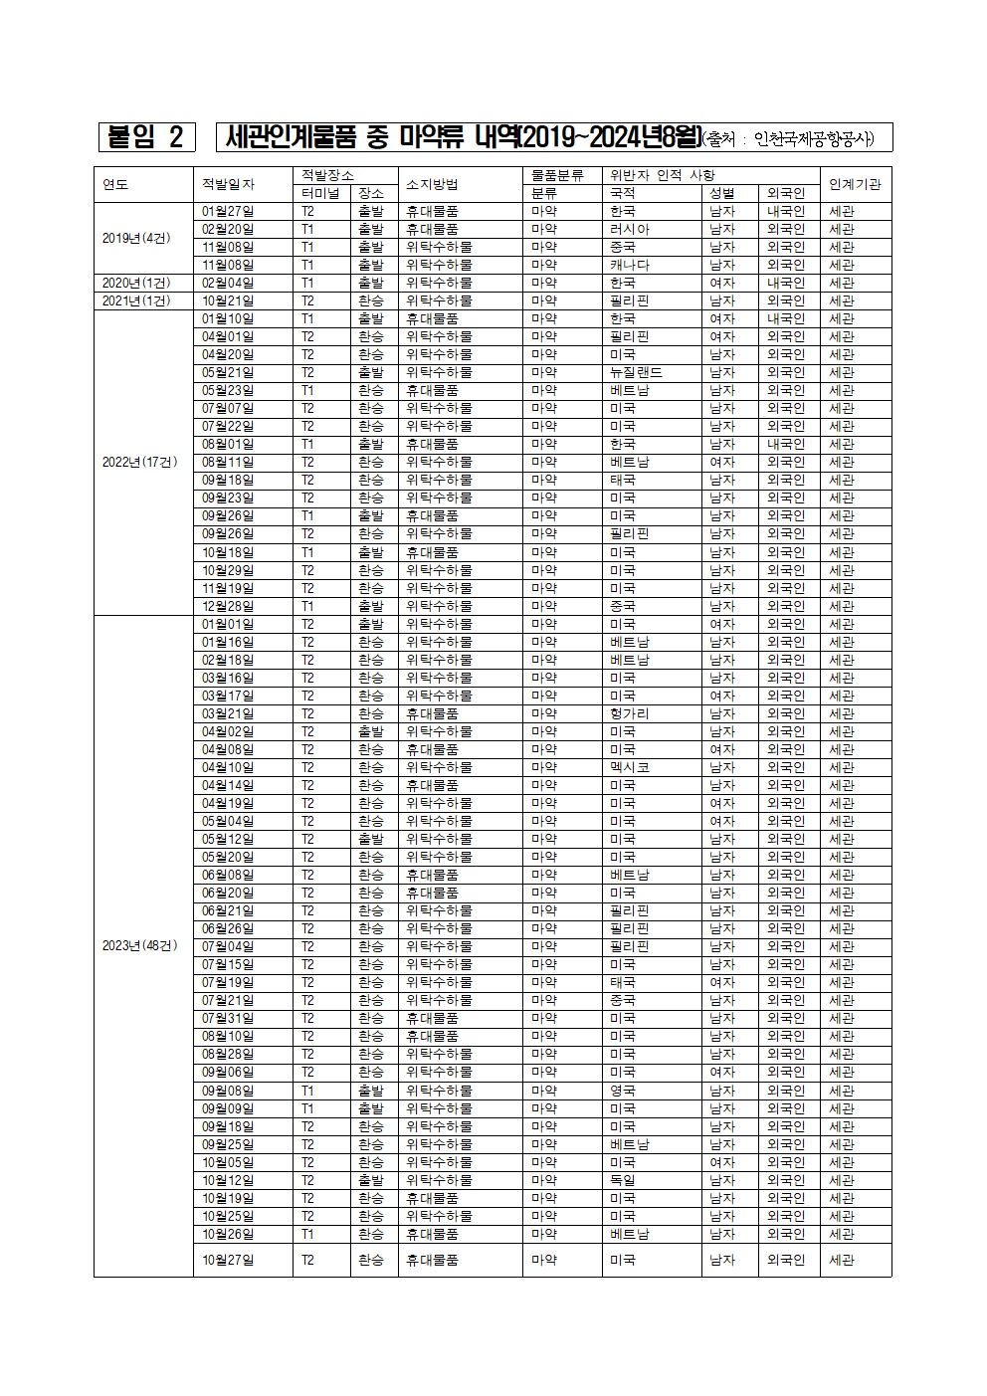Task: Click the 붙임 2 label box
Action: (145, 136)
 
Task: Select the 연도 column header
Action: (115, 184)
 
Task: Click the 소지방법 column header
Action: (432, 184)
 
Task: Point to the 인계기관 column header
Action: (855, 184)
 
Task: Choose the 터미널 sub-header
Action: (320, 193)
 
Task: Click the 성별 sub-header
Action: (722, 193)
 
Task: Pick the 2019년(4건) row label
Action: (136, 238)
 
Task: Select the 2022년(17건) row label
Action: (139, 462)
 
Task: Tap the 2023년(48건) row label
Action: (139, 945)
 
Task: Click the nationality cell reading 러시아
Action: (630, 229)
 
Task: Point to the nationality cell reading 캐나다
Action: (630, 265)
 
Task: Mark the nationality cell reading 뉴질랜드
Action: (636, 372)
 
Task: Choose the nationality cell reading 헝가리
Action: (629, 713)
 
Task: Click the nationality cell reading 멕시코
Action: (630, 767)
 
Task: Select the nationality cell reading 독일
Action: (623, 1180)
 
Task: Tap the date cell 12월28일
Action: (228, 606)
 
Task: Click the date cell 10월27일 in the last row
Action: (228, 1260)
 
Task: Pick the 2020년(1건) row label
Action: (136, 283)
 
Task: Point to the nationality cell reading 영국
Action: (623, 1091)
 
